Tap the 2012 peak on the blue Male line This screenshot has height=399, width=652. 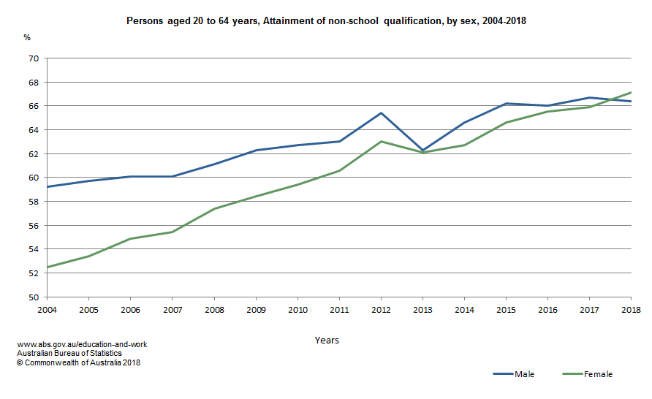(x=381, y=113)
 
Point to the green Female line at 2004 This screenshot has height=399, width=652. (x=48, y=267)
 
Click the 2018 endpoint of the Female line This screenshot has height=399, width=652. (x=631, y=93)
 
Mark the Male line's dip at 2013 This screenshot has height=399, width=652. (x=422, y=150)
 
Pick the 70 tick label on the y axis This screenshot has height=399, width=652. (x=33, y=58)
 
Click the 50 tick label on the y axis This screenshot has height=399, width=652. (x=33, y=297)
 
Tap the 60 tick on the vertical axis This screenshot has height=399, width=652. (x=33, y=178)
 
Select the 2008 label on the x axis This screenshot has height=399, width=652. (x=214, y=310)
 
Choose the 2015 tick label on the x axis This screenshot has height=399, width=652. (x=506, y=310)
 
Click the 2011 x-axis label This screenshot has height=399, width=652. (x=339, y=310)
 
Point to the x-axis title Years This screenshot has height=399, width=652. (x=327, y=341)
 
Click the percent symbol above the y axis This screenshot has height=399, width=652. (x=27, y=37)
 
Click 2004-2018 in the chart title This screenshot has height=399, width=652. (x=504, y=22)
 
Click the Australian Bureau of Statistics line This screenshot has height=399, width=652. (x=69, y=353)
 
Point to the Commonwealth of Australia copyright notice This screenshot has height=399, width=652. (x=78, y=362)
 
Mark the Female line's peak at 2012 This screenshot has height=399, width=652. (x=381, y=141)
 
